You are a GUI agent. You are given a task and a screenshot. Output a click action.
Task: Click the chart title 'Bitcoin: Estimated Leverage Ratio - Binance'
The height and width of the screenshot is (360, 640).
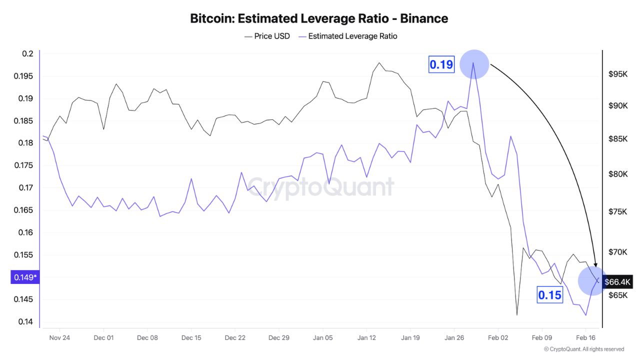[x=319, y=18]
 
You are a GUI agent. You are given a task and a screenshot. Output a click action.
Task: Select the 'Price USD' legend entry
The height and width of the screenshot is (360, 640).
[x=267, y=36]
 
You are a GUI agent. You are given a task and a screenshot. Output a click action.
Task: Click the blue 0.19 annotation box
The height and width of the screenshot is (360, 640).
[x=441, y=64]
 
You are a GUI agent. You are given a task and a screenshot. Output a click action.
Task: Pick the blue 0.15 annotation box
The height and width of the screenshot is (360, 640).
[x=549, y=295]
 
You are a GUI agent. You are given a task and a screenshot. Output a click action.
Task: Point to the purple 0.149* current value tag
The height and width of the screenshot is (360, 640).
[x=24, y=277]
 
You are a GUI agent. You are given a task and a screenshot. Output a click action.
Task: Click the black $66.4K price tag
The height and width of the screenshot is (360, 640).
[x=618, y=281]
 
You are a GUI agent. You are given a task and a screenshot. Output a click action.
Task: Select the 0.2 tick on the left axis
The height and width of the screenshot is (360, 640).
[x=28, y=54]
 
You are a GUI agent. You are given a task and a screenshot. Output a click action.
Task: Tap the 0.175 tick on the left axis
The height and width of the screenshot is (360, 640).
[x=25, y=165]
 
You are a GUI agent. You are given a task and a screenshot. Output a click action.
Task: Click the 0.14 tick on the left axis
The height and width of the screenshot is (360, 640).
[x=26, y=322]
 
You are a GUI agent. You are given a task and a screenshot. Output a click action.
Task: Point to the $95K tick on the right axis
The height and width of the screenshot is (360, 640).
[x=617, y=74]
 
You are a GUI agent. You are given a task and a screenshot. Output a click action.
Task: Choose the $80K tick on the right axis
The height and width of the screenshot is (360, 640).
[x=617, y=174]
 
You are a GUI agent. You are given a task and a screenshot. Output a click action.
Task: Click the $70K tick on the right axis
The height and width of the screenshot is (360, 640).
[x=617, y=252]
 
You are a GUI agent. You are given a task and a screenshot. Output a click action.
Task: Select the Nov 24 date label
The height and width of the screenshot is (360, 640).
[x=59, y=337]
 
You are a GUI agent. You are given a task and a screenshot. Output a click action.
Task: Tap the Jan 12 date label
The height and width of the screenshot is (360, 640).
[x=366, y=337]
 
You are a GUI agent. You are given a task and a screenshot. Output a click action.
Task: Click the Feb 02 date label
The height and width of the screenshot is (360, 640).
[x=498, y=337]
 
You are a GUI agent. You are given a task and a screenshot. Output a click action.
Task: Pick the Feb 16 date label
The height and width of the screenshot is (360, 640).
[x=585, y=337]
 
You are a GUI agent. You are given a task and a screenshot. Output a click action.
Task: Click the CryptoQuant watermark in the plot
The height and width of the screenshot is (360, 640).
[x=320, y=187]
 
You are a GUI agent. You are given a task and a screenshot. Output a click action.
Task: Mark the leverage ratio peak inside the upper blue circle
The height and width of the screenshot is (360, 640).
[x=473, y=62]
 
